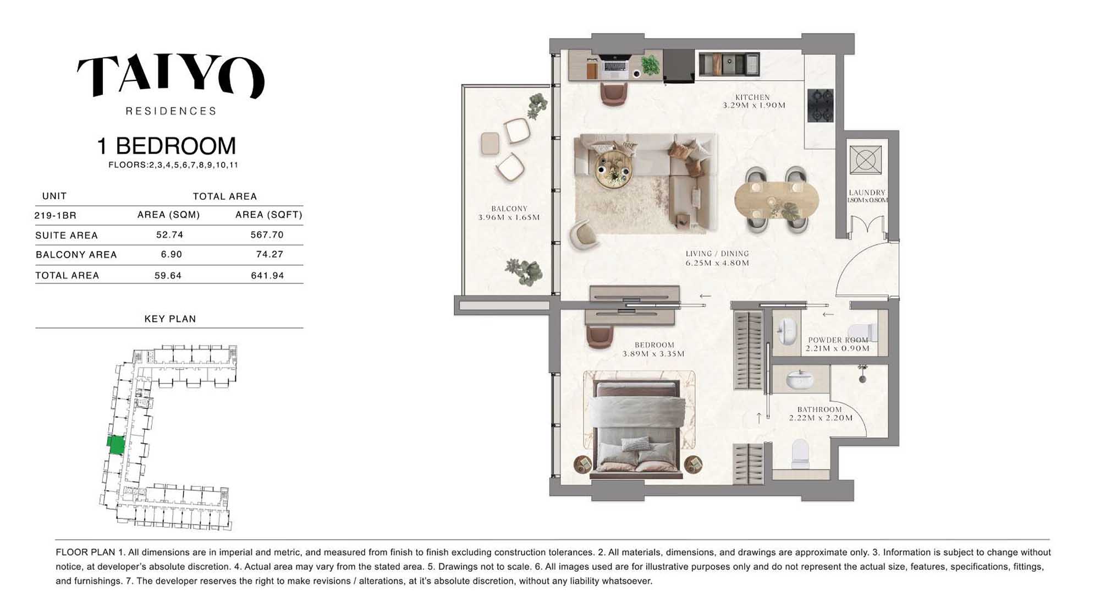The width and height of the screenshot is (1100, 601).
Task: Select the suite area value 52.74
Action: pos(169,235)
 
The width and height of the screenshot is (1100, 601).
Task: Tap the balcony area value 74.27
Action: pos(269,254)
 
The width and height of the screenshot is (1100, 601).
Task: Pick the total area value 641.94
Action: pos(267,275)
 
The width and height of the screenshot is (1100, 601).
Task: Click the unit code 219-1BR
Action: pos(55,215)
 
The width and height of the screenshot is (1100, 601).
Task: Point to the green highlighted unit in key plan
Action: pos(116,445)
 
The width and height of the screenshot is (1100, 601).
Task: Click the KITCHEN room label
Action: pos(752,97)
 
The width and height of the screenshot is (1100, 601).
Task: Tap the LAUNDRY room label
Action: pos(867,193)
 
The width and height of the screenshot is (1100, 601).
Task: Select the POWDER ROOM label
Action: pos(838,340)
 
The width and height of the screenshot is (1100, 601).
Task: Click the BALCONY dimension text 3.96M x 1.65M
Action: pos(509,217)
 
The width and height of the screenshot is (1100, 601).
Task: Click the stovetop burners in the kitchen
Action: pos(820,105)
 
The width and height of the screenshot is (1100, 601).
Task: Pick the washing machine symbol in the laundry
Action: pos(865,160)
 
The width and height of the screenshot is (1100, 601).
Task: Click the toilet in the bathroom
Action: pos(800,453)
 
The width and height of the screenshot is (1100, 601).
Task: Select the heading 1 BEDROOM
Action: pos(166,146)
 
